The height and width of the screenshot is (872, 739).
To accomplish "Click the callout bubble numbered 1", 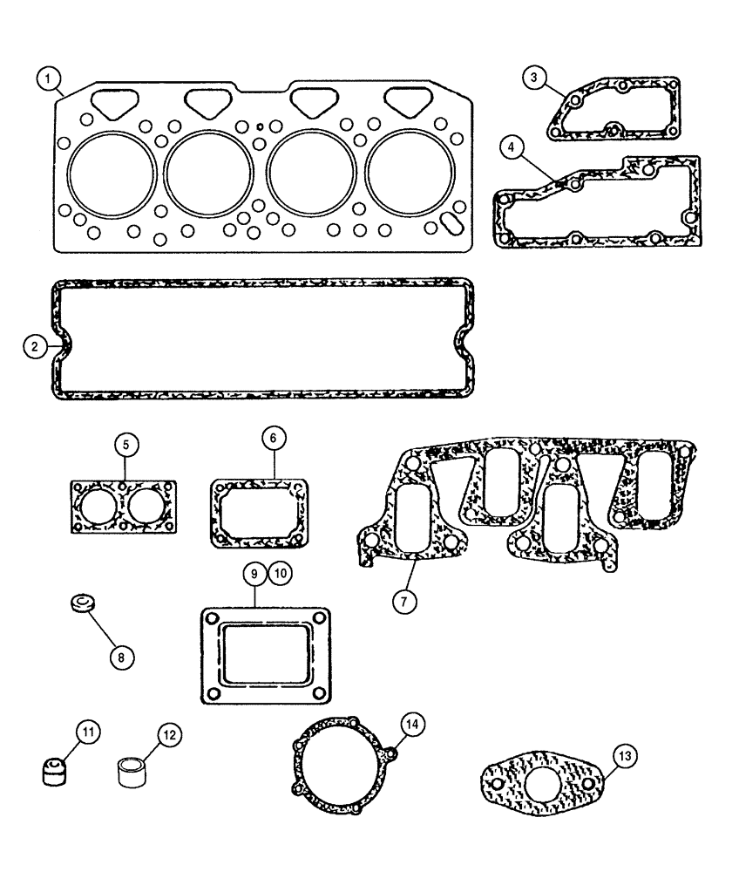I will pos(50,80).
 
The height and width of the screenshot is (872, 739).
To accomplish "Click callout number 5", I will pos(125,445).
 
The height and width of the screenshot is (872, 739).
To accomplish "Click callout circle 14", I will pos(412,722).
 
